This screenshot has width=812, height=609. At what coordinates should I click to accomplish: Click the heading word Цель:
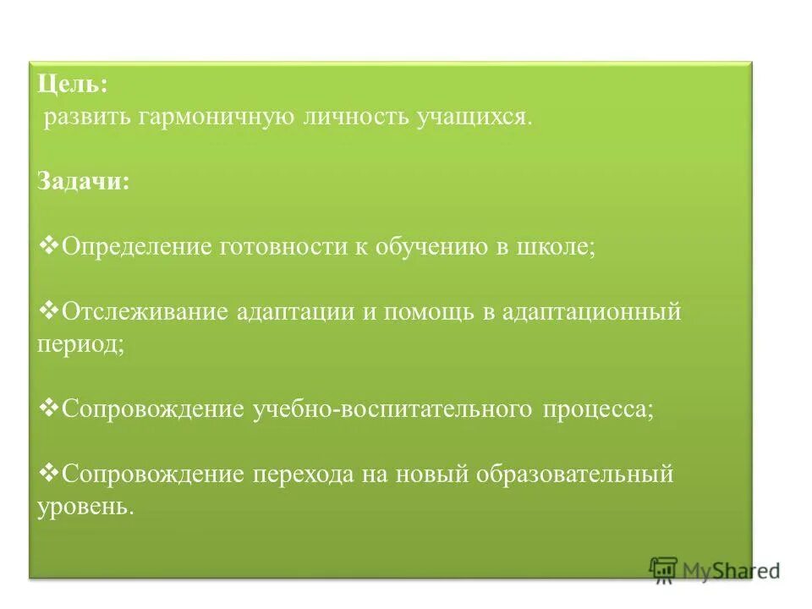click(x=73, y=85)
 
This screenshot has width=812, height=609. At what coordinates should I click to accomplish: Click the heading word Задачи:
click(x=84, y=182)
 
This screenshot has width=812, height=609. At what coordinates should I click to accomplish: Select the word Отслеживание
click(x=145, y=311)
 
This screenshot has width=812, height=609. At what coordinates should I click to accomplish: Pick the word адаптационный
click(x=591, y=311)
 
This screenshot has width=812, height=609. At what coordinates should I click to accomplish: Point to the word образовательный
click(x=573, y=474)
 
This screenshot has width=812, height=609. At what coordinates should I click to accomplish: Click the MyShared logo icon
click(x=664, y=569)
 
